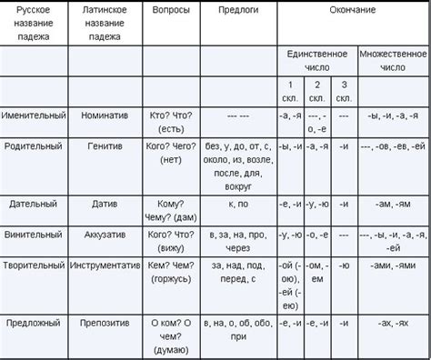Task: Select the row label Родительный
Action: pyautogui.click(x=34, y=146)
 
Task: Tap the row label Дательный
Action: pyautogui.click(x=34, y=205)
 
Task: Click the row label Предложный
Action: pyautogui.click(x=34, y=322)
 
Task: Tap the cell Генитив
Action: pyautogui.click(x=105, y=146)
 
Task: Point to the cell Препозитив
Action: pyautogui.click(x=105, y=322)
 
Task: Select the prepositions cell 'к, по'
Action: pyautogui.click(x=238, y=205)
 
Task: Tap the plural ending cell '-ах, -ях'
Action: pyautogui.click(x=393, y=322)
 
